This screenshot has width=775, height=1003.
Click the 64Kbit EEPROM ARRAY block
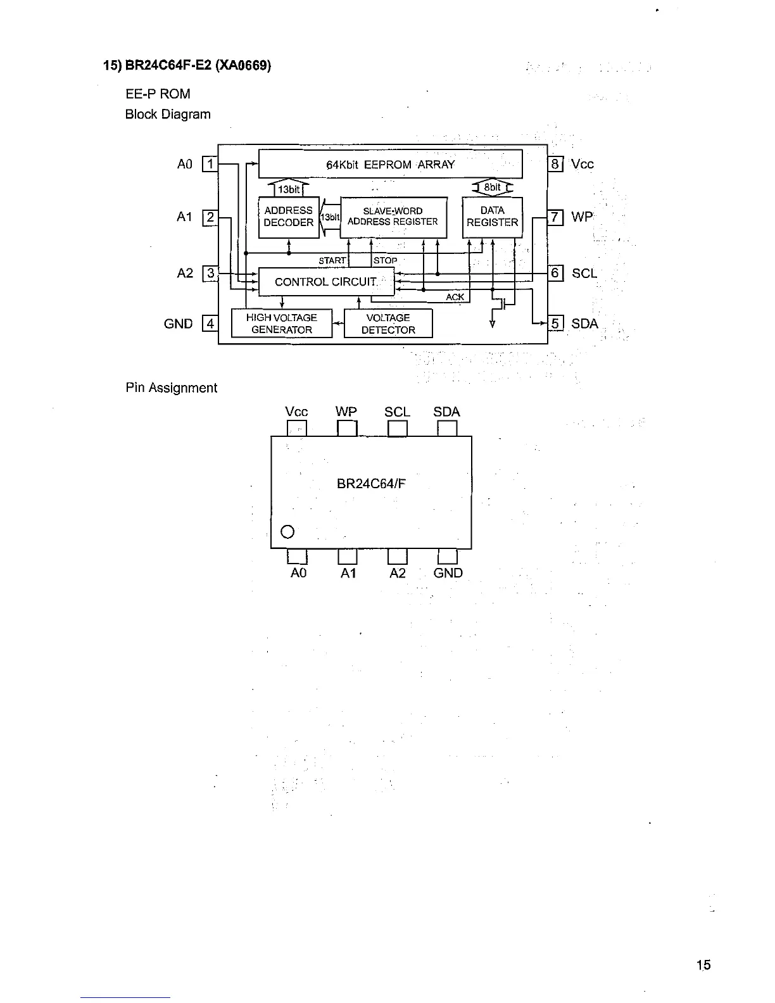390,165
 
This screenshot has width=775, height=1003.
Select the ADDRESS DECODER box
289,217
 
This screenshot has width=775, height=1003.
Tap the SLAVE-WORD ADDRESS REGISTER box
393,217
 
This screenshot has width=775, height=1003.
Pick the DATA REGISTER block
493,217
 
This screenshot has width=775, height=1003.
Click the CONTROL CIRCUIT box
326,282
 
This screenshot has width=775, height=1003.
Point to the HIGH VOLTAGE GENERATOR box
282,324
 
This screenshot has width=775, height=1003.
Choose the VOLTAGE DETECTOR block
388,324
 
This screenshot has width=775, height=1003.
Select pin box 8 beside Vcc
555,165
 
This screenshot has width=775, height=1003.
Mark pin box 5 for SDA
555,324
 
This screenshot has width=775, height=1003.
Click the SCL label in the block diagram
584,274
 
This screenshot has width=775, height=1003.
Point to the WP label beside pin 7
582,217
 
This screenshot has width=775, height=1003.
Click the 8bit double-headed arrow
493,187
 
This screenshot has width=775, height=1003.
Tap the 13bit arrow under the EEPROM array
289,189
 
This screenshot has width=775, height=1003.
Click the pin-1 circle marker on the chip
287,531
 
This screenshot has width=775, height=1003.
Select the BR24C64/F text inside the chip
371,484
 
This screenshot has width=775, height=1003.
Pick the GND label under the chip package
448,573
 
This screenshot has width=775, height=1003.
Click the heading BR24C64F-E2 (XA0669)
187,66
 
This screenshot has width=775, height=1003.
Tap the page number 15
703,965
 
